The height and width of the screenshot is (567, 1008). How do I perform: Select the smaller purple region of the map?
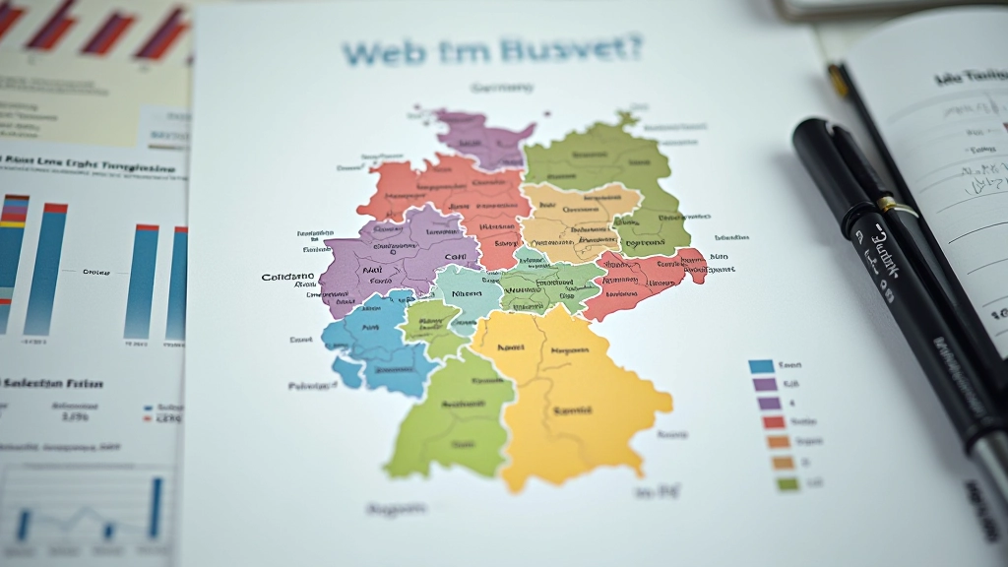point(482,138)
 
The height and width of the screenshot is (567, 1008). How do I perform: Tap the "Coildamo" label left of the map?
point(288,278)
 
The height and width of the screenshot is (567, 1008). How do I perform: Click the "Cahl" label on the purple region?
point(455,256)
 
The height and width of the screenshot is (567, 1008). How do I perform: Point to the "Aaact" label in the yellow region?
point(511,346)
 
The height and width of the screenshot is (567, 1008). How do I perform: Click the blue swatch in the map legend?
point(761,366)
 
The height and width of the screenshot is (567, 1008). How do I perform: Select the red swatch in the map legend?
point(772,422)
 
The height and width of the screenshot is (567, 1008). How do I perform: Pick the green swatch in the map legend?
point(787,483)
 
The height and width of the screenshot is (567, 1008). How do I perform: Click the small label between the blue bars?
point(95,271)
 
